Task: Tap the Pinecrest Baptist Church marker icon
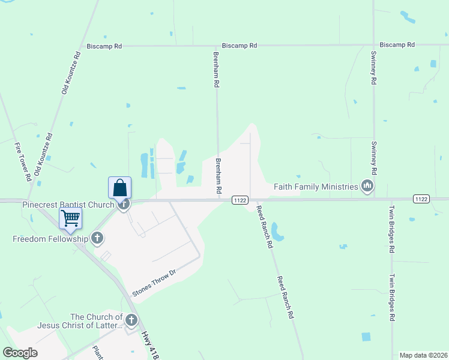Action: pyautogui.click(x=124, y=204)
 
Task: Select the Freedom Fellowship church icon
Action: pyautogui.click(x=97, y=238)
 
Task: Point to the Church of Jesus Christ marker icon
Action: pyautogui.click(x=131, y=321)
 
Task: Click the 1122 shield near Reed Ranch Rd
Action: pyautogui.click(x=241, y=200)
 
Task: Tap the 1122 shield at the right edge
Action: pyautogui.click(x=421, y=199)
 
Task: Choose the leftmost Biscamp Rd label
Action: pyautogui.click(x=104, y=46)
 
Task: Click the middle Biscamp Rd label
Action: pyautogui.click(x=239, y=46)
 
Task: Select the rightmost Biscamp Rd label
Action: pyautogui.click(x=397, y=45)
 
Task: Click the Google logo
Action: pyautogui.click(x=20, y=353)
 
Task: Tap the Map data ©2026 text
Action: pyautogui.click(x=423, y=355)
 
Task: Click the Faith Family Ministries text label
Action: pyautogui.click(x=316, y=187)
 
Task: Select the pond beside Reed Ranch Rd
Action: pyautogui.click(x=277, y=230)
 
